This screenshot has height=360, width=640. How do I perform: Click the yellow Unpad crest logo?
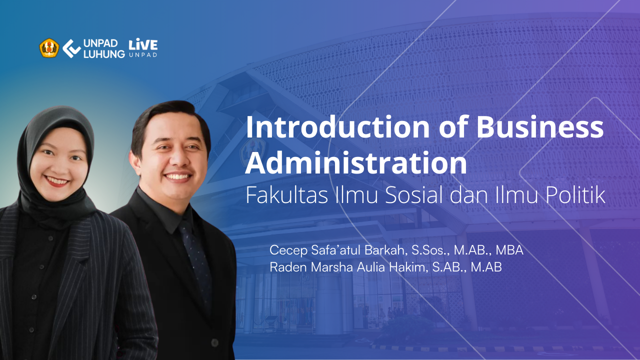coord(49,48)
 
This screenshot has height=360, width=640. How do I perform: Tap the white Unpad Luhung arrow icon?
coord(71,48)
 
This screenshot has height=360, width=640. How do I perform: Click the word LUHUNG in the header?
coord(104,54)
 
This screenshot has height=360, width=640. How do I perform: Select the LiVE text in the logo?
coord(143,44)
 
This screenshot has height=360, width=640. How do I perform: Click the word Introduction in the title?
coord(337,127)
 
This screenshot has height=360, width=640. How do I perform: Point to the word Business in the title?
coord(539,127)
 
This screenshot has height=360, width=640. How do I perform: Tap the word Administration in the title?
coord(356,163)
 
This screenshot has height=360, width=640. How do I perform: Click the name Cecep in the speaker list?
coord(288,250)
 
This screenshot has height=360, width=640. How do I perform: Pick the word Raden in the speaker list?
coord(288,267)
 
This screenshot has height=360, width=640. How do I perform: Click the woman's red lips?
coord(57,181)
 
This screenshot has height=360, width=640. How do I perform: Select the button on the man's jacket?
coord(214,342)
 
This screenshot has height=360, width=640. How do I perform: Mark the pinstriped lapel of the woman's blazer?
coord(71,271)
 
